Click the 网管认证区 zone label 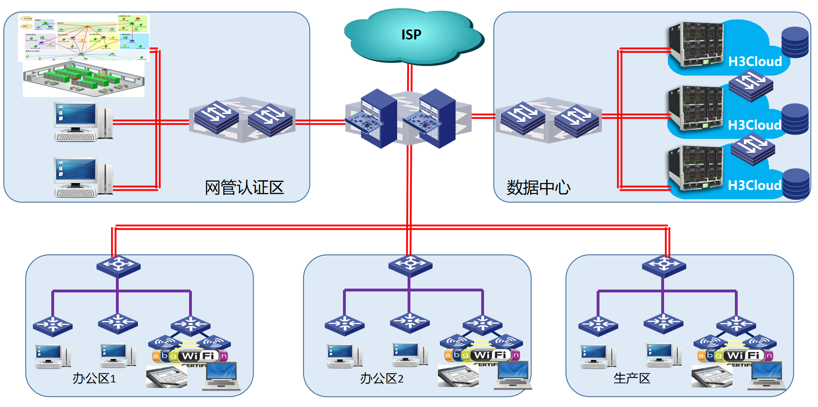pyautogui.click(x=244, y=187)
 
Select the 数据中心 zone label pyautogui.click(x=538, y=187)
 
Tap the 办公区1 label pyautogui.click(x=94, y=378)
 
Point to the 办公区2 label pyautogui.click(x=381, y=378)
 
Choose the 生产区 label pyautogui.click(x=631, y=378)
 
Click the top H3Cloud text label pyautogui.click(x=755, y=61)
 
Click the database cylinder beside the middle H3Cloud pyautogui.click(x=795, y=118)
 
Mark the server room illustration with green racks pyautogui.click(x=84, y=78)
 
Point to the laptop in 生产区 pyautogui.click(x=766, y=376)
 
